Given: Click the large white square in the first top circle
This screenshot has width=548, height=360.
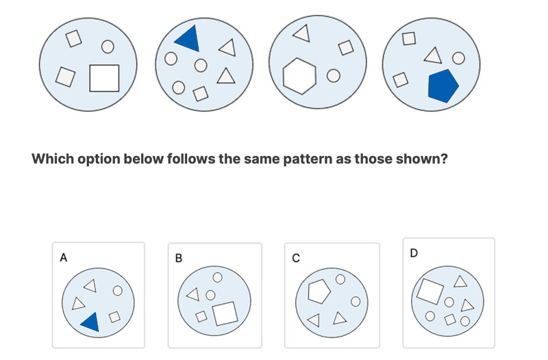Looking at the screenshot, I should (105, 78).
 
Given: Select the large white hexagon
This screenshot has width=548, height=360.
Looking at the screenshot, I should (300, 75).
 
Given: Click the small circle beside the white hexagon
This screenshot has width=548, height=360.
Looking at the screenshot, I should (333, 76).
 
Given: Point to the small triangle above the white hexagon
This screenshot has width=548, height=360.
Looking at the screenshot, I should (301, 31).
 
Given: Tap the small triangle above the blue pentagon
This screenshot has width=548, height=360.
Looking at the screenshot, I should (432, 53).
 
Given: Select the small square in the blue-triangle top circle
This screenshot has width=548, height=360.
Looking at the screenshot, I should (201, 93).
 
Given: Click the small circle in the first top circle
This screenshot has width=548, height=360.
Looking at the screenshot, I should (107, 47).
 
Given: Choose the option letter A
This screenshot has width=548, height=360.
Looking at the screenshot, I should (64, 258).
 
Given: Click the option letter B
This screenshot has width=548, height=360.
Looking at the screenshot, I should (179, 259).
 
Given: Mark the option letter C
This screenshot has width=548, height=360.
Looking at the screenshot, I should (296, 258).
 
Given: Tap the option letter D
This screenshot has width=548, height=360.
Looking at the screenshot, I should (413, 253).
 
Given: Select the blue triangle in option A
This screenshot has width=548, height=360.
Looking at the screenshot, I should (90, 322).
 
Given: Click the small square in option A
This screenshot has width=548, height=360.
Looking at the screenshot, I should (115, 316).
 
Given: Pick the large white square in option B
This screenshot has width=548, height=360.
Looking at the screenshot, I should (225, 313).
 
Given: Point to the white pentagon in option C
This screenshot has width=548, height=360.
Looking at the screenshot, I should (319, 291).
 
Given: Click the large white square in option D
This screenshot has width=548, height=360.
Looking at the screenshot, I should (429, 291).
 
